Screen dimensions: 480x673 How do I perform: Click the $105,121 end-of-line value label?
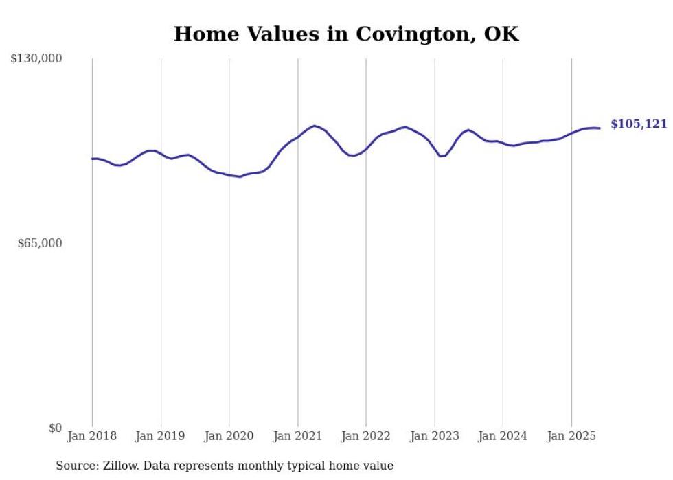click(638, 124)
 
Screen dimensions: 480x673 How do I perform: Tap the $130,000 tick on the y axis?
click(36, 59)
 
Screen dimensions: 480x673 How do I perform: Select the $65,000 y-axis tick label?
click(39, 243)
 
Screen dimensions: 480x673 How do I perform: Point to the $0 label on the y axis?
click(55, 428)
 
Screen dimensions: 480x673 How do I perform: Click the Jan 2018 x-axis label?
click(92, 436)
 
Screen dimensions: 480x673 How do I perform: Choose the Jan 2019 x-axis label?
click(161, 436)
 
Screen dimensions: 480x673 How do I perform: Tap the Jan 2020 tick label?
click(229, 436)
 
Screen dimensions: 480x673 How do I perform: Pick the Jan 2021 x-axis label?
click(297, 436)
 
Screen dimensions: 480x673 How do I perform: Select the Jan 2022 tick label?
click(366, 436)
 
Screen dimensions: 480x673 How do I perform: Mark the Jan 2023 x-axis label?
click(435, 436)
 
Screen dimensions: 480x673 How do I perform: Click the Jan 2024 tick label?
click(503, 436)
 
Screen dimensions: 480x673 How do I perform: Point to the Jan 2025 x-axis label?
click(571, 436)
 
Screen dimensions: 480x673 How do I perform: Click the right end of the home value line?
click(600, 128)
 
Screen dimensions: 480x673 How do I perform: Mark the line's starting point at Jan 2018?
click(92, 159)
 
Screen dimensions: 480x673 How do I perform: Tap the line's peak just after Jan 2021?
click(315, 126)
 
